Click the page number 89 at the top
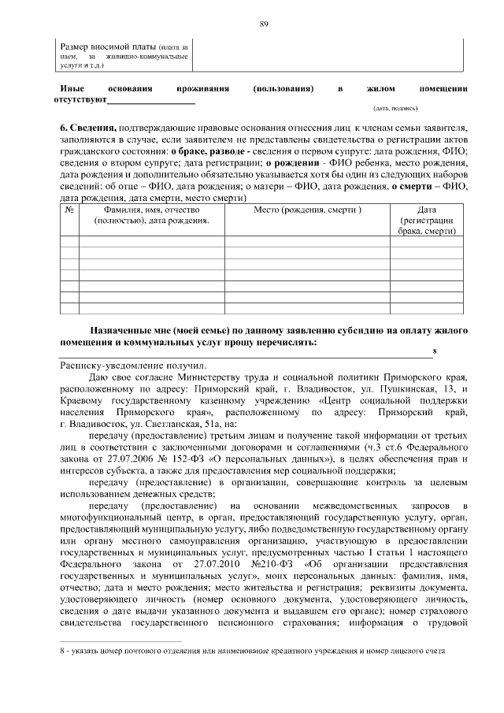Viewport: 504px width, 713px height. (265, 24)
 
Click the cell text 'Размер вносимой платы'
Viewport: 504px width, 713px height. (106, 48)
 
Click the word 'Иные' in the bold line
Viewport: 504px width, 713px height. (72, 89)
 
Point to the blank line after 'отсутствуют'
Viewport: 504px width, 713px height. (151, 102)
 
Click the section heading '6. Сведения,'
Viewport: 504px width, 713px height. (89, 128)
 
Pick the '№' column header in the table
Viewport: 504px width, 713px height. (69, 210)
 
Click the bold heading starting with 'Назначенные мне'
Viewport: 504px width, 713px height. (264, 336)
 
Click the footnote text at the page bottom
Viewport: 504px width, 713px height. (252, 651)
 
